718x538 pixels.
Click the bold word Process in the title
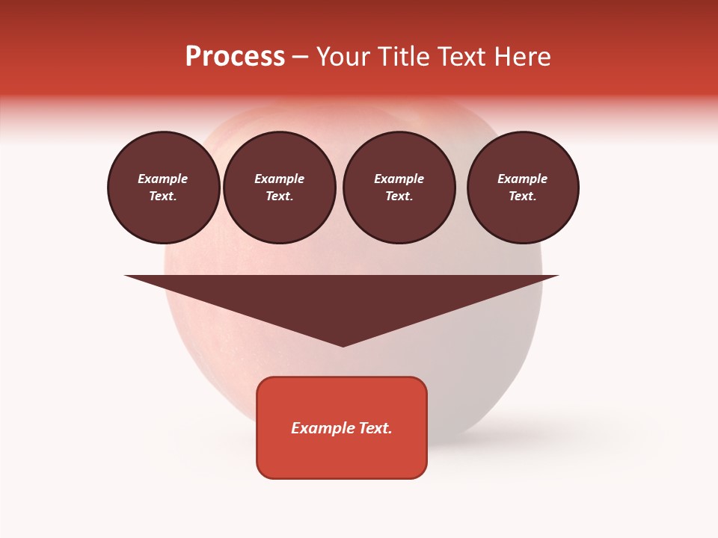[235, 57]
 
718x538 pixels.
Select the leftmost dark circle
[164, 188]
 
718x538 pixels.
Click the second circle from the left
[280, 188]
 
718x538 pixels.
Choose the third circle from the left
[399, 188]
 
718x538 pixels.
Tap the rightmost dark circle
[523, 188]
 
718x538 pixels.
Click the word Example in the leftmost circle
[163, 179]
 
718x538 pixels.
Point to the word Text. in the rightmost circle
[523, 197]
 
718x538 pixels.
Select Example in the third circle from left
[399, 179]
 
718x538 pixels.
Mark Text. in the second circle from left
[280, 197]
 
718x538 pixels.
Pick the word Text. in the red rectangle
[375, 428]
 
